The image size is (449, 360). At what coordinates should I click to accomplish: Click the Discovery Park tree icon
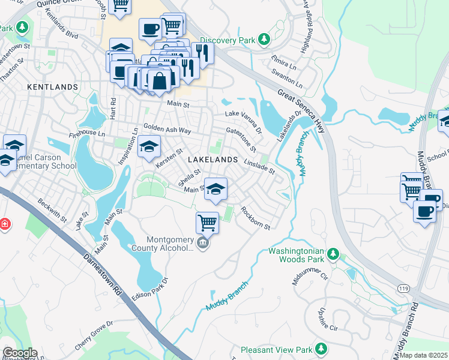pyautogui.click(x=263, y=41)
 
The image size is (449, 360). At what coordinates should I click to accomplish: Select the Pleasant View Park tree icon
pyautogui.click(x=321, y=349)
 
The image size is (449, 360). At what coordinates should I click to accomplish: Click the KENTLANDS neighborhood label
pyautogui.click(x=53, y=87)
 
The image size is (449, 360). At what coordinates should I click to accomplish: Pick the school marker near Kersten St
pyautogui.click(x=149, y=146)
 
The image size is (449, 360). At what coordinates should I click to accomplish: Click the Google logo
pyautogui.click(x=19, y=353)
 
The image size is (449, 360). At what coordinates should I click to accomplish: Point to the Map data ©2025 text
pyautogui.click(x=424, y=355)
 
